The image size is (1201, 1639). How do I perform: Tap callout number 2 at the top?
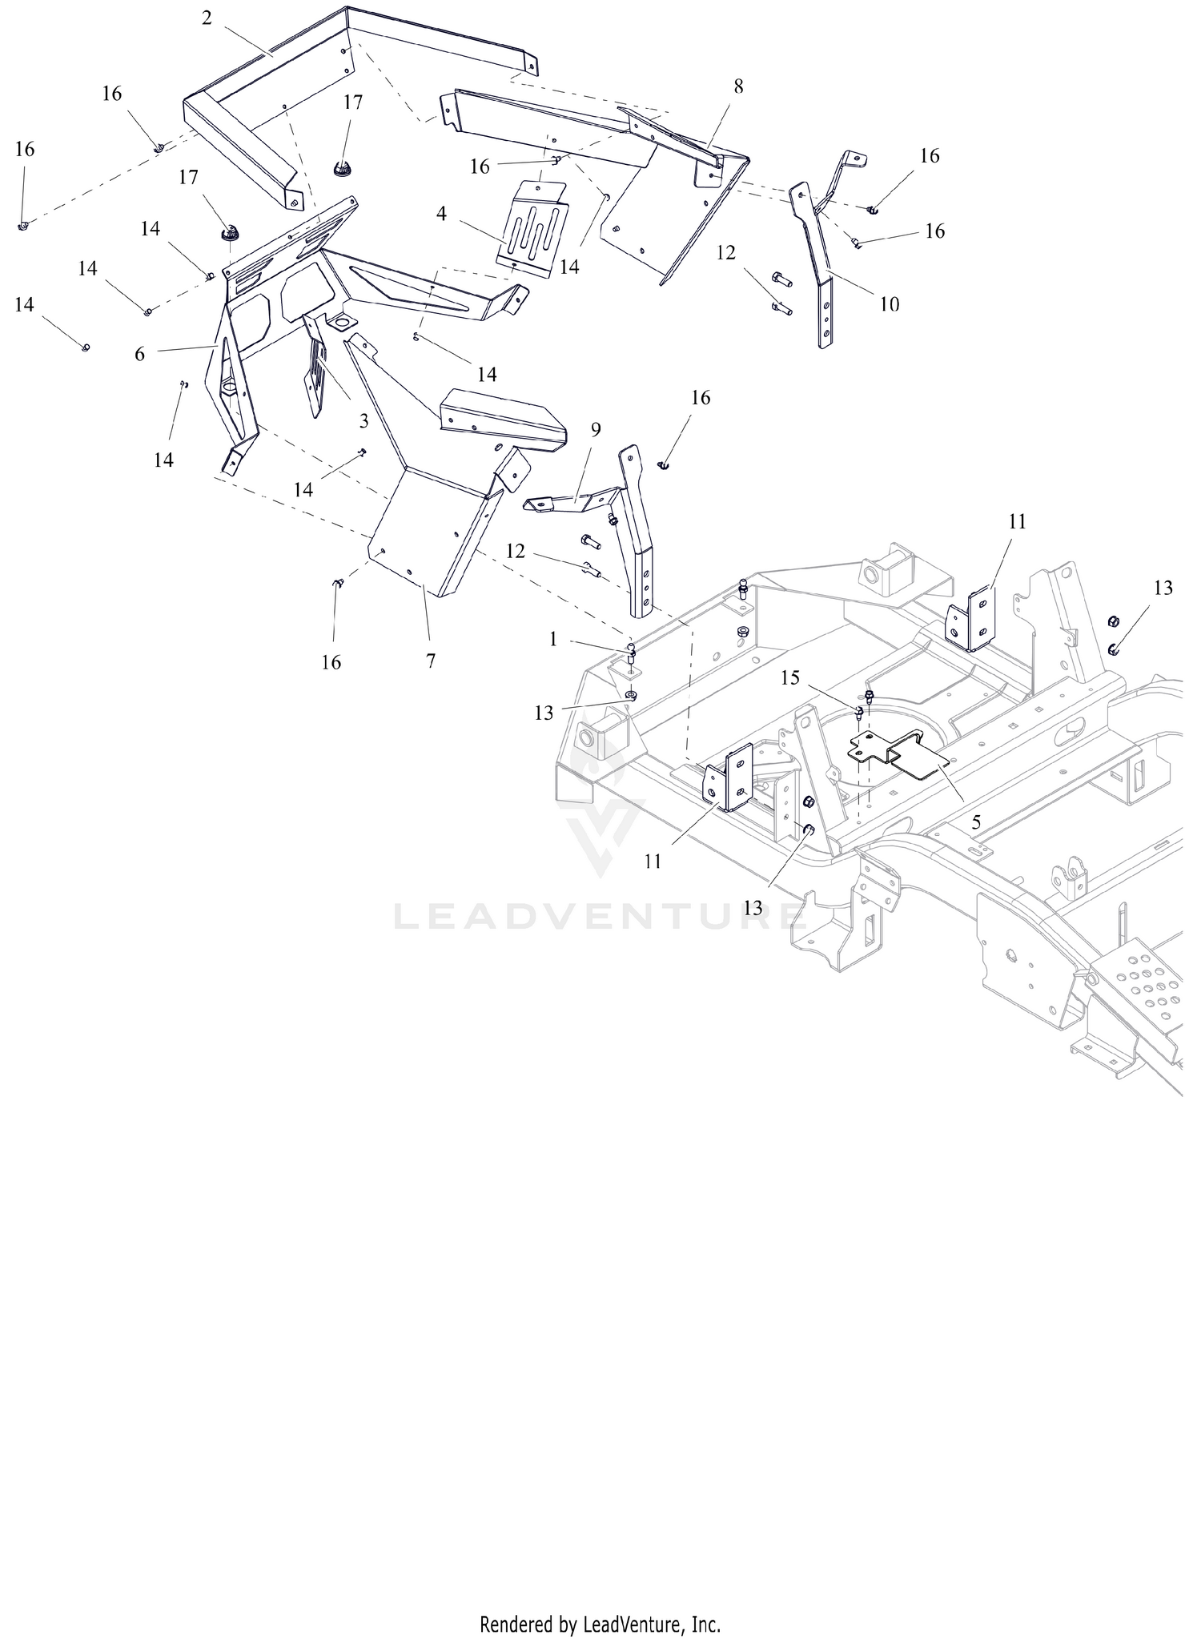[207, 18]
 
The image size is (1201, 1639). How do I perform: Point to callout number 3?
[364, 420]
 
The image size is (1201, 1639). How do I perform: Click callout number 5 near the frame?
[976, 822]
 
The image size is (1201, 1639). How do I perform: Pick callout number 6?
[140, 354]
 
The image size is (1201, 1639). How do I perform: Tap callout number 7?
[431, 661]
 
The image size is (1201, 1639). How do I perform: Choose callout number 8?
[738, 86]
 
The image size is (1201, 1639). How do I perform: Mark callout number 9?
[596, 429]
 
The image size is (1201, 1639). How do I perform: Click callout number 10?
[890, 304]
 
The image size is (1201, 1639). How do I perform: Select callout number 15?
[790, 677]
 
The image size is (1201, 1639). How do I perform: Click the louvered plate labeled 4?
[532, 231]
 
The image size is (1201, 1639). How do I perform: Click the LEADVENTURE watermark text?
[596, 916]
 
